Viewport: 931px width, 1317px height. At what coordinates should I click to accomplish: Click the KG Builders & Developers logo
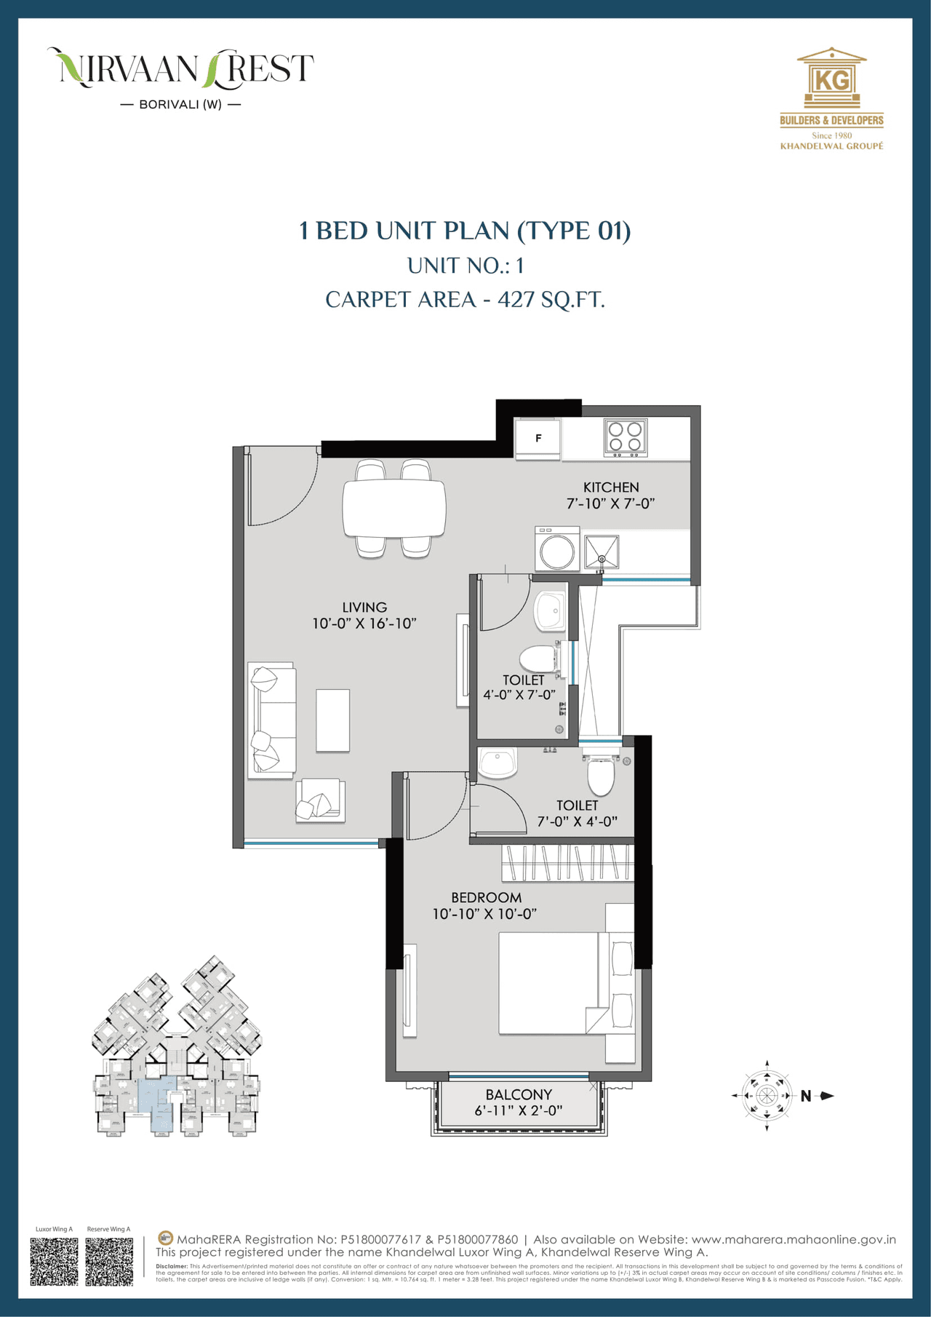coord(831,98)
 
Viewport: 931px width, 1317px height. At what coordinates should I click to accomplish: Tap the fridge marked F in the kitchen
coord(538,439)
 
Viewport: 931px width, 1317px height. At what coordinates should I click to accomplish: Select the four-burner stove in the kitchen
coord(626,437)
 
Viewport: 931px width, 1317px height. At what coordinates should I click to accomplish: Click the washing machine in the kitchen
coord(557,549)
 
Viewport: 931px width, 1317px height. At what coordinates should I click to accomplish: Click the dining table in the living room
coord(394,508)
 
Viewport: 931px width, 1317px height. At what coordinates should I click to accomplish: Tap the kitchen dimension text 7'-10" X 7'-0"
coord(610,504)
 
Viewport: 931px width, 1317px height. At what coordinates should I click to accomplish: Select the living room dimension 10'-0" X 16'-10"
coord(364,624)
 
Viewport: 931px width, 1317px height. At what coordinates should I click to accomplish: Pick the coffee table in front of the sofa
coord(332,720)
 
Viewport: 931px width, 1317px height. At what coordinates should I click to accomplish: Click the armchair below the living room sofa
coord(319,801)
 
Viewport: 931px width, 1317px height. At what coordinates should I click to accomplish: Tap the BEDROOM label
coord(486,898)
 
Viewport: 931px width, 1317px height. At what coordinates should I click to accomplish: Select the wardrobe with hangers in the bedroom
coord(567,862)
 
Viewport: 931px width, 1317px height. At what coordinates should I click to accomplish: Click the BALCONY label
coord(519,1094)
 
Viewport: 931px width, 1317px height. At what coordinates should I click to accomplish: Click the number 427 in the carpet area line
coord(516,299)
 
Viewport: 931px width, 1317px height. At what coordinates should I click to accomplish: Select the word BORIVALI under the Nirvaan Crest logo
coord(169,105)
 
